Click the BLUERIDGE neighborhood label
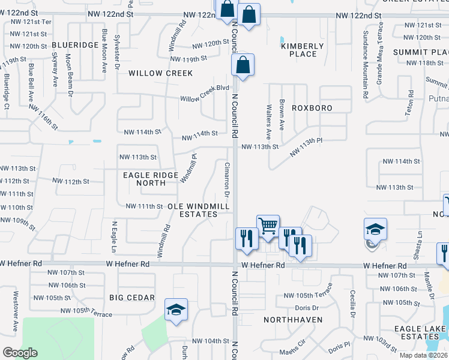click(x=74, y=45)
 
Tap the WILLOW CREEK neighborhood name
click(x=160, y=73)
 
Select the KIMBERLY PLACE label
click(x=303, y=50)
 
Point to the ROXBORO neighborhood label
click(x=312, y=108)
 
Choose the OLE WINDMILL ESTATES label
click(x=199, y=210)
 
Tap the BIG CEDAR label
click(x=132, y=298)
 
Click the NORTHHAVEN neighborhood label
click(x=293, y=320)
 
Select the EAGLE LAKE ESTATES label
click(x=420, y=332)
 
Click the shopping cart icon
click(x=268, y=226)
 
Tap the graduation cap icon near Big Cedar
click(x=176, y=310)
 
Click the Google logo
click(x=20, y=353)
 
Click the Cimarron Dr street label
click(x=227, y=179)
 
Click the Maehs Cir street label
click(x=292, y=353)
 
